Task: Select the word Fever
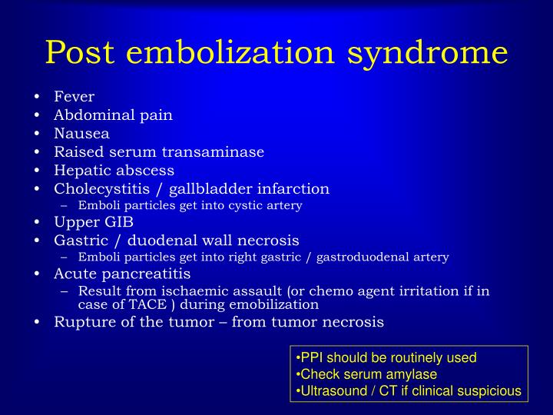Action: coord(74,97)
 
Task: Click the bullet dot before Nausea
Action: coord(38,134)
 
